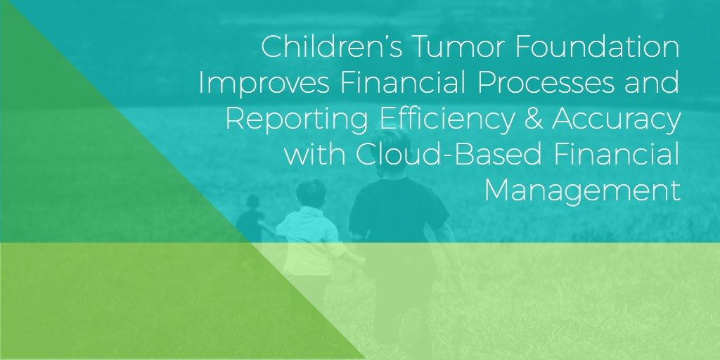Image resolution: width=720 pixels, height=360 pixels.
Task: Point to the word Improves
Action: coord(264,83)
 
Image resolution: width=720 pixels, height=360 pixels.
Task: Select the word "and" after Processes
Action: coord(652,83)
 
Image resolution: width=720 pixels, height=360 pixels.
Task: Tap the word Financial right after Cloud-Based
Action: coord(617,154)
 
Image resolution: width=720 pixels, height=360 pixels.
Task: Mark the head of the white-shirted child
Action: coord(311,193)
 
